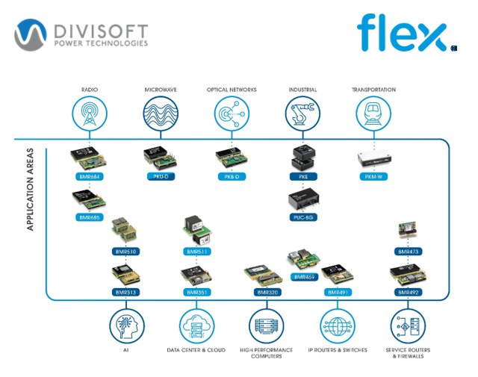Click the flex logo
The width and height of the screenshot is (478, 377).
click(x=401, y=34)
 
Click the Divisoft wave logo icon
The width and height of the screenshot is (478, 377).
click(x=32, y=34)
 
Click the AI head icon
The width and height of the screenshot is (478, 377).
click(x=125, y=326)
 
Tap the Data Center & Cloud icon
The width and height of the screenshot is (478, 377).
click(x=196, y=326)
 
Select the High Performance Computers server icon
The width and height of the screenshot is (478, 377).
click(x=267, y=326)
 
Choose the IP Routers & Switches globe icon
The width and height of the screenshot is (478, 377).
click(x=338, y=326)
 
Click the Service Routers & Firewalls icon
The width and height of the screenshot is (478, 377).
click(x=408, y=326)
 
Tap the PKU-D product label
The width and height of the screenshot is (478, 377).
click(x=159, y=176)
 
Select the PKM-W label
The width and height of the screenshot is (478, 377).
click(x=373, y=176)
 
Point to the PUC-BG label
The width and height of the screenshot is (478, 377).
click(x=302, y=217)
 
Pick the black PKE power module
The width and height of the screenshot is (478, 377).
click(x=302, y=157)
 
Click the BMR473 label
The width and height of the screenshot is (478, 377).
click(x=408, y=252)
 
